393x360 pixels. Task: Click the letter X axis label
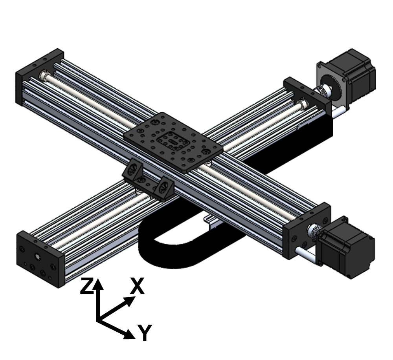137,286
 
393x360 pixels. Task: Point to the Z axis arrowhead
99,283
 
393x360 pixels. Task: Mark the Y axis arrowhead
130,334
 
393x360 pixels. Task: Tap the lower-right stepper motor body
347,248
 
